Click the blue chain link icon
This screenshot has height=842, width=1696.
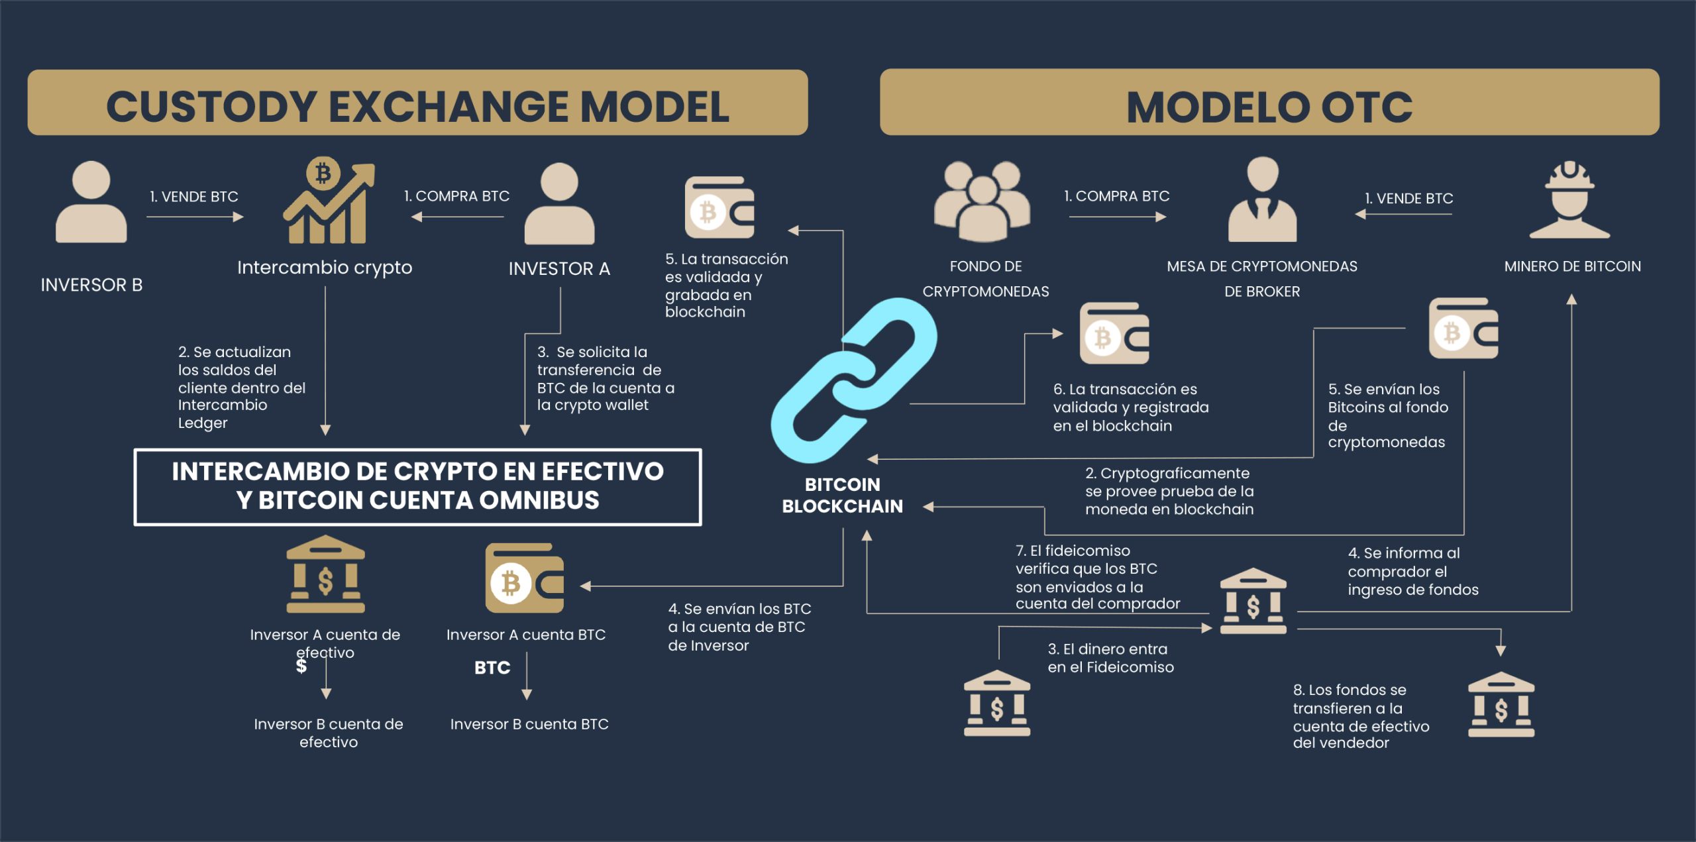(853, 380)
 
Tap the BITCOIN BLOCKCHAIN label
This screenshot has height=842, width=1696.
(842, 496)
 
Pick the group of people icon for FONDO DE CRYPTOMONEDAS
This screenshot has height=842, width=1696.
(982, 201)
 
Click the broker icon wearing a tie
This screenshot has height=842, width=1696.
(1262, 200)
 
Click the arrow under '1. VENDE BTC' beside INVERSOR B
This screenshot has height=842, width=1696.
(195, 217)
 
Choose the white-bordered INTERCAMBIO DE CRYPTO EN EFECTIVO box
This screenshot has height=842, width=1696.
(417, 487)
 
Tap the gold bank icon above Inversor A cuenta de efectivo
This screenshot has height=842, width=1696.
(325, 575)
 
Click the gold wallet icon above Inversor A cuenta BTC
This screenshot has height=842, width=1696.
(524, 578)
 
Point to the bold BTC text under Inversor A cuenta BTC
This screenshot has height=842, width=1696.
(492, 668)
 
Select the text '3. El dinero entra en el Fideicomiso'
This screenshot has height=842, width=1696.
(1110, 658)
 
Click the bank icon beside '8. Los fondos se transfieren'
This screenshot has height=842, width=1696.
(1501, 705)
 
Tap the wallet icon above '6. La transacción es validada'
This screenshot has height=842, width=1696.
(1114, 334)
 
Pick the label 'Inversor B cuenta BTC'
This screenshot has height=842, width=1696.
(529, 724)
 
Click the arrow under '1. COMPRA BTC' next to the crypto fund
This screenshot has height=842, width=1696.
(1117, 217)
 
